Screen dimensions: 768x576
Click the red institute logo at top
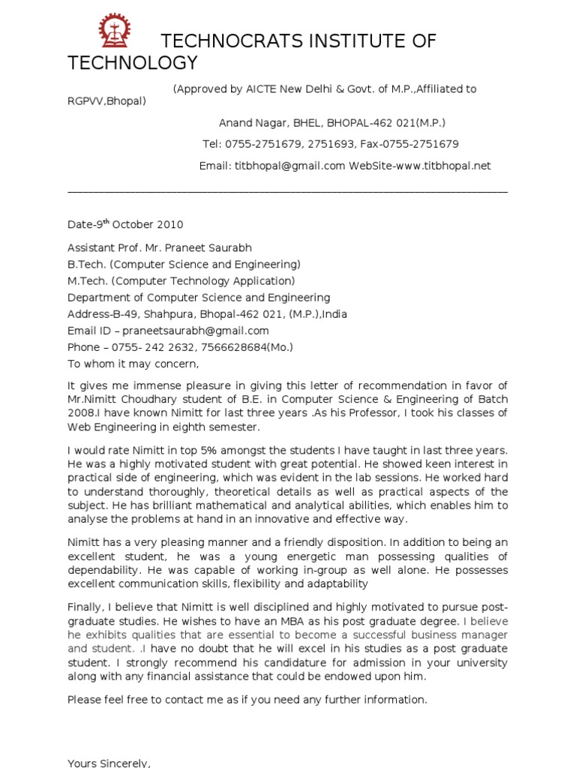pyautogui.click(x=115, y=31)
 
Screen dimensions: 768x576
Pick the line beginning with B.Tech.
pyautogui.click(x=184, y=264)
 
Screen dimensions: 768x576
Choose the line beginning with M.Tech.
pyautogui.click(x=181, y=280)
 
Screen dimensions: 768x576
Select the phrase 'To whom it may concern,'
pyautogui.click(x=133, y=364)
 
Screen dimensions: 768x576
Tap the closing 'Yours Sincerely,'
pyautogui.click(x=109, y=763)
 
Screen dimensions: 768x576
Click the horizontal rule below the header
pyautogui.click(x=287, y=191)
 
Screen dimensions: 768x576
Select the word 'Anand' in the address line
pyautogui.click(x=235, y=122)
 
